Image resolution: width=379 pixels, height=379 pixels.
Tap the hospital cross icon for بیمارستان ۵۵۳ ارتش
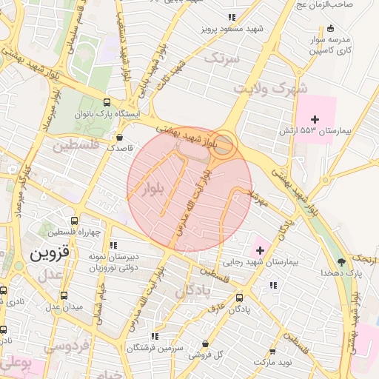click(315, 119)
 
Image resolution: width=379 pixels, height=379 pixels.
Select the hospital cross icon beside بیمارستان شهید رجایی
click(260, 250)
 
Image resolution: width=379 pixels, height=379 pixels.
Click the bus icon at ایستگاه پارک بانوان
click(107, 104)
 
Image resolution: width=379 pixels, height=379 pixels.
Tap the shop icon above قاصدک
click(120, 136)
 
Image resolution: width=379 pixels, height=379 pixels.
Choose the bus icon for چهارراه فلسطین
click(73, 221)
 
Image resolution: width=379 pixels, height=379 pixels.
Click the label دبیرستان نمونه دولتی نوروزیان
click(113, 261)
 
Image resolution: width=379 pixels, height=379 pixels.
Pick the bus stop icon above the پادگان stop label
click(238, 298)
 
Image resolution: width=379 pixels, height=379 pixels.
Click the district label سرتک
click(222, 58)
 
